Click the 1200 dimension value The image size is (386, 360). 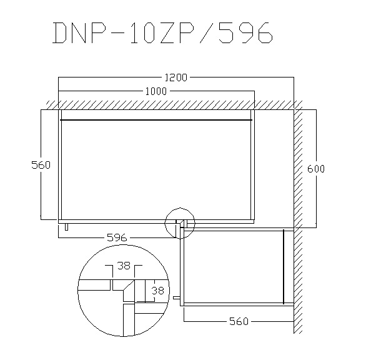176,77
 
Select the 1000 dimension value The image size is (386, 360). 156,91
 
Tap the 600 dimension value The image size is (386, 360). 316,169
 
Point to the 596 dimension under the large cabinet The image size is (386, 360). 117,237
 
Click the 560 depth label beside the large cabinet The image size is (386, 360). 41,165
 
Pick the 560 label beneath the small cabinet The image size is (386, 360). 239,321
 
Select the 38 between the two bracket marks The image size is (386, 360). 124,266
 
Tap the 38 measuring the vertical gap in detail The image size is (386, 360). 158,291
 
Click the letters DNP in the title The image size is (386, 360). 81,32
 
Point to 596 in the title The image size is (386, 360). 245,32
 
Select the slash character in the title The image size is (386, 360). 208,32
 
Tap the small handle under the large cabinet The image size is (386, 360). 66,227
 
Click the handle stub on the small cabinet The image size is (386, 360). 177,297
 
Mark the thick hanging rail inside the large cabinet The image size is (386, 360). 156,120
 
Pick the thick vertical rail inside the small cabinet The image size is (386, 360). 284,267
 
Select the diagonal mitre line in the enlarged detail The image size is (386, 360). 129,285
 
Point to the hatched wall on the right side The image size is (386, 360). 298,217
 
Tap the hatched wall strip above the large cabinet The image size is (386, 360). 172,105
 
